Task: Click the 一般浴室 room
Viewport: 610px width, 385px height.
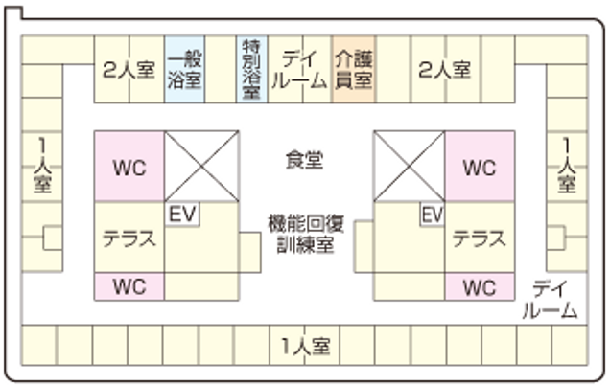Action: click(x=183, y=69)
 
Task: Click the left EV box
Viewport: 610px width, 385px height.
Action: click(x=182, y=215)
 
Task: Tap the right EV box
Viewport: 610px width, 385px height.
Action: click(x=433, y=215)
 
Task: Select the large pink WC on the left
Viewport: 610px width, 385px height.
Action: click(x=129, y=168)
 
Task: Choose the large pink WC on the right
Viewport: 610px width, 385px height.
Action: click(x=479, y=168)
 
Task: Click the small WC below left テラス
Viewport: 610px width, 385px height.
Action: click(x=129, y=285)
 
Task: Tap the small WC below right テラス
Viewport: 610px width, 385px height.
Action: click(x=479, y=285)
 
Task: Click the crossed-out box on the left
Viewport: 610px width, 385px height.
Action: click(x=201, y=166)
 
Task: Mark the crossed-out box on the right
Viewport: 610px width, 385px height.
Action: click(x=409, y=166)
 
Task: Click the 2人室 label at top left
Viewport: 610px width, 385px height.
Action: click(x=129, y=69)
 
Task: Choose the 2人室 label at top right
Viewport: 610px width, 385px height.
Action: click(x=444, y=69)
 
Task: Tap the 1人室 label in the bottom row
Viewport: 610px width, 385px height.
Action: click(x=305, y=346)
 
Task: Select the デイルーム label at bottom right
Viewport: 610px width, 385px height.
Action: click(x=550, y=299)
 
